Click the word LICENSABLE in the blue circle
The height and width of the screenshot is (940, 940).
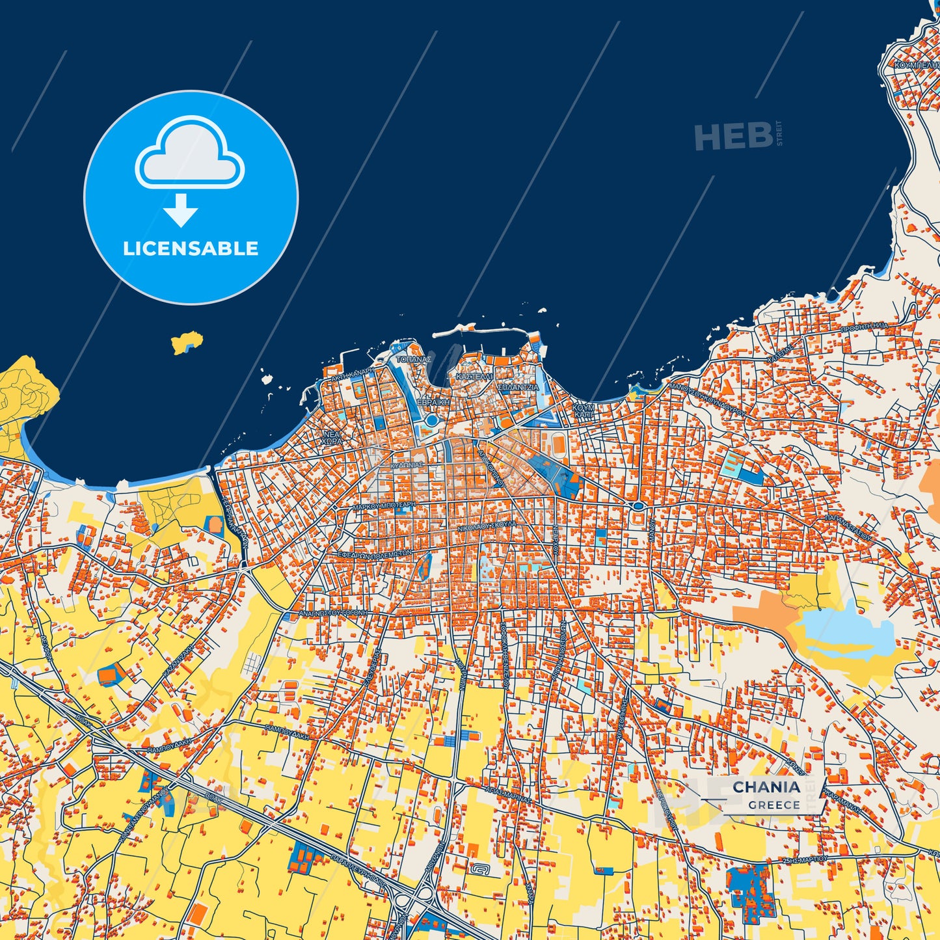click(191, 248)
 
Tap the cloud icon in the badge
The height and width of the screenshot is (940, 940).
click(190, 152)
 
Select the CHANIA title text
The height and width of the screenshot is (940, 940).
click(766, 787)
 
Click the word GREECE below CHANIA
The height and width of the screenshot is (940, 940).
click(773, 805)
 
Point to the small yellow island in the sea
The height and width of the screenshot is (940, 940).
click(187, 342)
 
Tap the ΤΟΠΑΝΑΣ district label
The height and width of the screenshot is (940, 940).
click(414, 359)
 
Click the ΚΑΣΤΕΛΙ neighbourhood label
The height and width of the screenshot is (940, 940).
click(474, 377)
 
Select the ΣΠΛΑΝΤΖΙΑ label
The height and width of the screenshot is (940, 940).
click(518, 387)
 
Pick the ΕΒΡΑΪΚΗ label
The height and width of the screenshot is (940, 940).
click(434, 403)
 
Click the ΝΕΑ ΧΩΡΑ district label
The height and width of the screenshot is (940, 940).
click(331, 436)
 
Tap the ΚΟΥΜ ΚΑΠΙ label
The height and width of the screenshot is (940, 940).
click(584, 410)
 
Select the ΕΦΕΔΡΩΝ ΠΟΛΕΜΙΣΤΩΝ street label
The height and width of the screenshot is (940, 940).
click(374, 555)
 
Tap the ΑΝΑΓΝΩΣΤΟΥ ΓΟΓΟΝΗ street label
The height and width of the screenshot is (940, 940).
click(332, 613)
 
